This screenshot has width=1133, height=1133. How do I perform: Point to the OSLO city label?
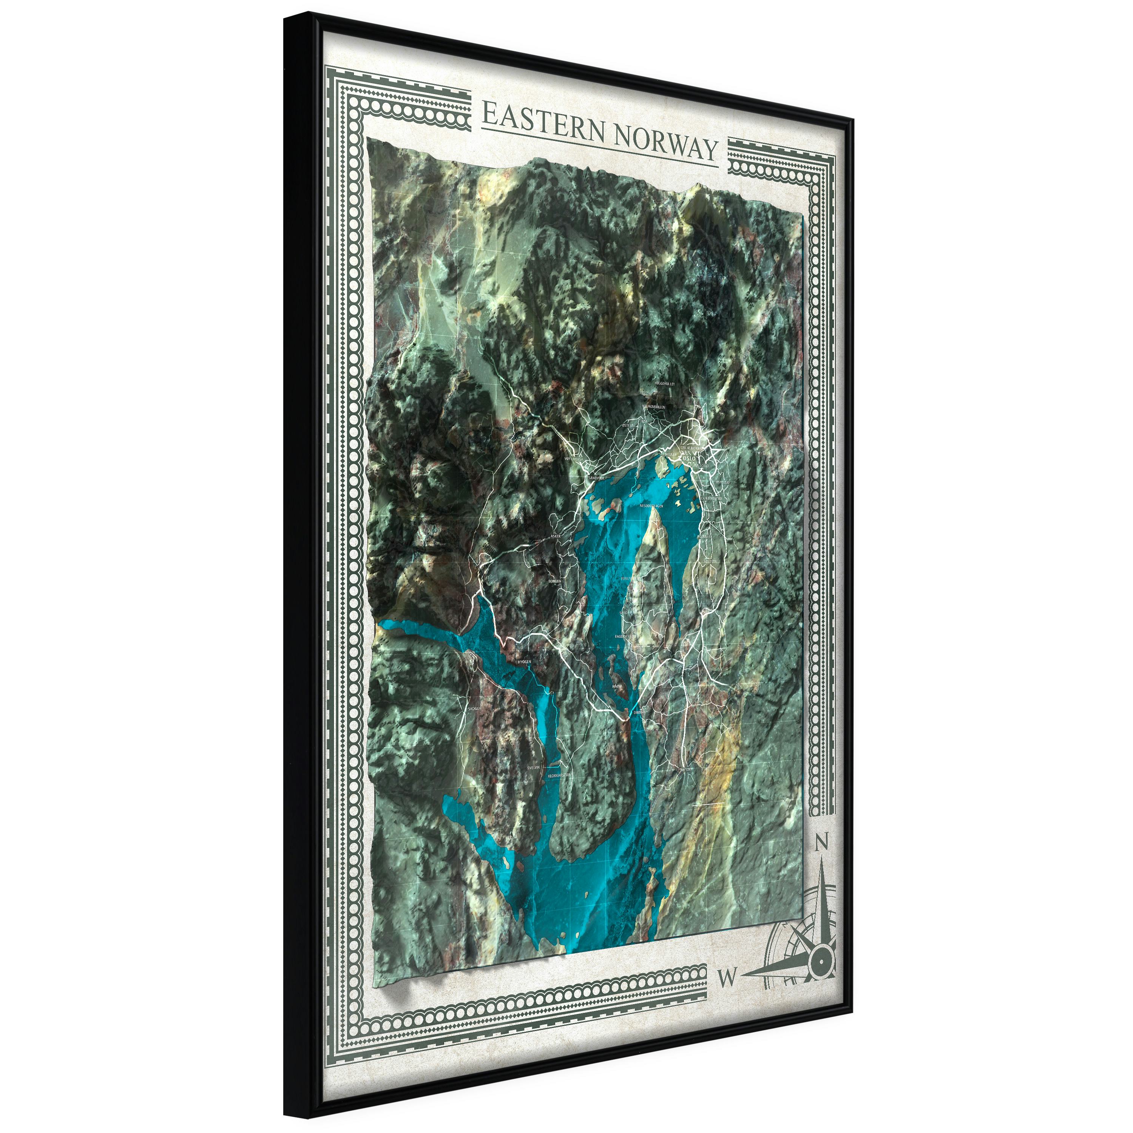pyautogui.click(x=690, y=453)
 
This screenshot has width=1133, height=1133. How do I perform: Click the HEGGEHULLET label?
pyautogui.click(x=664, y=384)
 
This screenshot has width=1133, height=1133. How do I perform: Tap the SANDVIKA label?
pyautogui.click(x=596, y=478)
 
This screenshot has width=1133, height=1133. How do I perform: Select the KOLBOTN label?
pyautogui.click(x=710, y=561)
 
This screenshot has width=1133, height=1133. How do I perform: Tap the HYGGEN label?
pyautogui.click(x=524, y=662)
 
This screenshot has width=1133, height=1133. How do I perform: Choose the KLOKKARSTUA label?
pyautogui.click(x=559, y=775)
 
